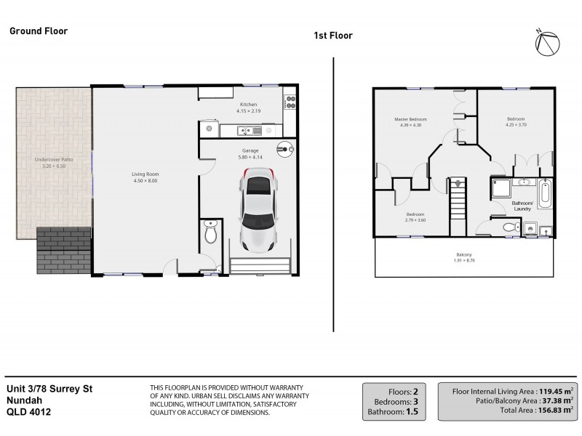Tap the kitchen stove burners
pos(290,103)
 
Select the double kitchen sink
pos(249,131)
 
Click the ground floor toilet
pos(210,233)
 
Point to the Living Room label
pos(146,174)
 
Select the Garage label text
pos(250,150)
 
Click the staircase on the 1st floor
pos(457,206)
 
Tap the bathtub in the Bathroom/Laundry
pos(546,194)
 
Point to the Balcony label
pos(463,254)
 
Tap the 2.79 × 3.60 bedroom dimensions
pos(415,220)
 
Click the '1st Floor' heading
pos(332,35)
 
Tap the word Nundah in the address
pos(24,400)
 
